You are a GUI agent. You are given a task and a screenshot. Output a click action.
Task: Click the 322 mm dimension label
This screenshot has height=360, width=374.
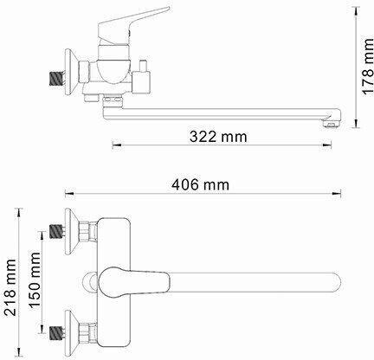(218, 137)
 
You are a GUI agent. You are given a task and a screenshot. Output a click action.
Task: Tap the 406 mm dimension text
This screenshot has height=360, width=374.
(201, 184)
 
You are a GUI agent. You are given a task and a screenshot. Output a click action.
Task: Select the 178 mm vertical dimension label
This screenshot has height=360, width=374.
(368, 66)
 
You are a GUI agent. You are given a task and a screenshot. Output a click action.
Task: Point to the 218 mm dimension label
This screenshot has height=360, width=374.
(10, 287)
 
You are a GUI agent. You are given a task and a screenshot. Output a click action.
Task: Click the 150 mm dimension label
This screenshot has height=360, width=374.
(35, 280)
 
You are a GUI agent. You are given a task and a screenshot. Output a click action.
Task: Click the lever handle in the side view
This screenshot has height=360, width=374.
(132, 25)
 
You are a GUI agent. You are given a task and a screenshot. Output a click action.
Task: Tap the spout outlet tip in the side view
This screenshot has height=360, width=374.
(332, 124)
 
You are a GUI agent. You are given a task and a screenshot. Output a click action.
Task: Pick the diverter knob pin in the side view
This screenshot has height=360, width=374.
(143, 66)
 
